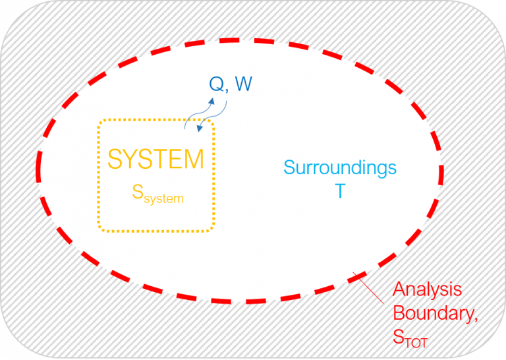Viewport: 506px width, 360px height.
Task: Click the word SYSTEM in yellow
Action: point(155,159)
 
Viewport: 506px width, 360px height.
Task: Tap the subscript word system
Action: point(163,198)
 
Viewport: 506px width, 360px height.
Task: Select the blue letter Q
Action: point(217,84)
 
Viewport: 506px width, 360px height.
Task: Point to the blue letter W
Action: point(243,84)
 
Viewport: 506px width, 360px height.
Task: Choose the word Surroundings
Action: point(340,169)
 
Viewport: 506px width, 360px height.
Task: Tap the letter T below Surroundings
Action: point(340,191)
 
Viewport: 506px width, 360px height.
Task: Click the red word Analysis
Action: point(427,289)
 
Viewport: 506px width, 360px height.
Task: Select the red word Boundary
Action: point(434,313)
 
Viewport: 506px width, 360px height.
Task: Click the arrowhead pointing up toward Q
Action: point(211,101)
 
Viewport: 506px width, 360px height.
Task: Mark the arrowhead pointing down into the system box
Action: point(200,129)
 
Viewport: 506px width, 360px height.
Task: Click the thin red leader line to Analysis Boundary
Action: point(368,288)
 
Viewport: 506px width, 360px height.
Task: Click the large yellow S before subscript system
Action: point(138,192)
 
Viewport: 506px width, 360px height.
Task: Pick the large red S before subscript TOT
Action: point(398,337)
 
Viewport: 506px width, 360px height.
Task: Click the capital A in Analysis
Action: point(399,289)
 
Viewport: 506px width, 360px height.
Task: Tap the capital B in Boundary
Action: point(399,313)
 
